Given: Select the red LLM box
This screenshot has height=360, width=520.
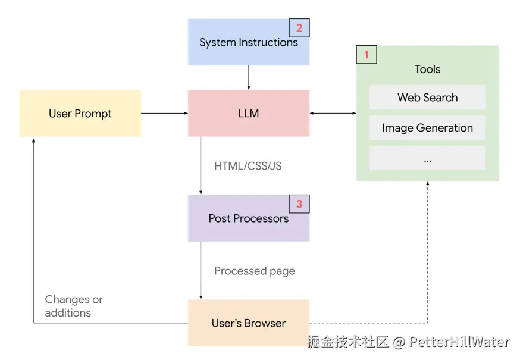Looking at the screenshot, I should [248, 113].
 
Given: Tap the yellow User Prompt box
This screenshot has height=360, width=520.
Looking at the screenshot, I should [80, 113].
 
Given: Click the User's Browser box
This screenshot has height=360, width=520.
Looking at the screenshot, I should [248, 323].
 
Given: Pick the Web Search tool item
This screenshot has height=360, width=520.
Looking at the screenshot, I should [427, 98].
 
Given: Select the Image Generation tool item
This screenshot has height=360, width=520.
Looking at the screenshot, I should [427, 128].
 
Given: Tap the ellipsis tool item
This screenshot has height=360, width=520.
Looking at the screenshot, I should [427, 158].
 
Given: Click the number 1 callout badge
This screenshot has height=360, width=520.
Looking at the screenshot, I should [366, 55].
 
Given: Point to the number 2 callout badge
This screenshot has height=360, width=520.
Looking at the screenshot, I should [299, 28].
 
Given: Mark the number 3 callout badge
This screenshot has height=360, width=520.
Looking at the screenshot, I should [299, 204].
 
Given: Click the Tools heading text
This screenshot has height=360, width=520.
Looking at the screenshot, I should [427, 70].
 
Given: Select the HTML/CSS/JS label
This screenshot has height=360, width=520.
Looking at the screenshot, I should [248, 166].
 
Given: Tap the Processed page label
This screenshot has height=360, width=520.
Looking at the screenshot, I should [254, 271].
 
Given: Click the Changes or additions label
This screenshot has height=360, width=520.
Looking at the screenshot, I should [73, 306].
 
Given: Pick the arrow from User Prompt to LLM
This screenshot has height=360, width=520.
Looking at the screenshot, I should [164, 113].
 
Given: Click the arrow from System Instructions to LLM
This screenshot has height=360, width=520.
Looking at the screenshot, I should [249, 77].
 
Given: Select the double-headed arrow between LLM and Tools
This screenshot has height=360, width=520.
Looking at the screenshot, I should [333, 113].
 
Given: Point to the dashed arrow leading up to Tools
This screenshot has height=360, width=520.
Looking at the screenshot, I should [427, 256].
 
